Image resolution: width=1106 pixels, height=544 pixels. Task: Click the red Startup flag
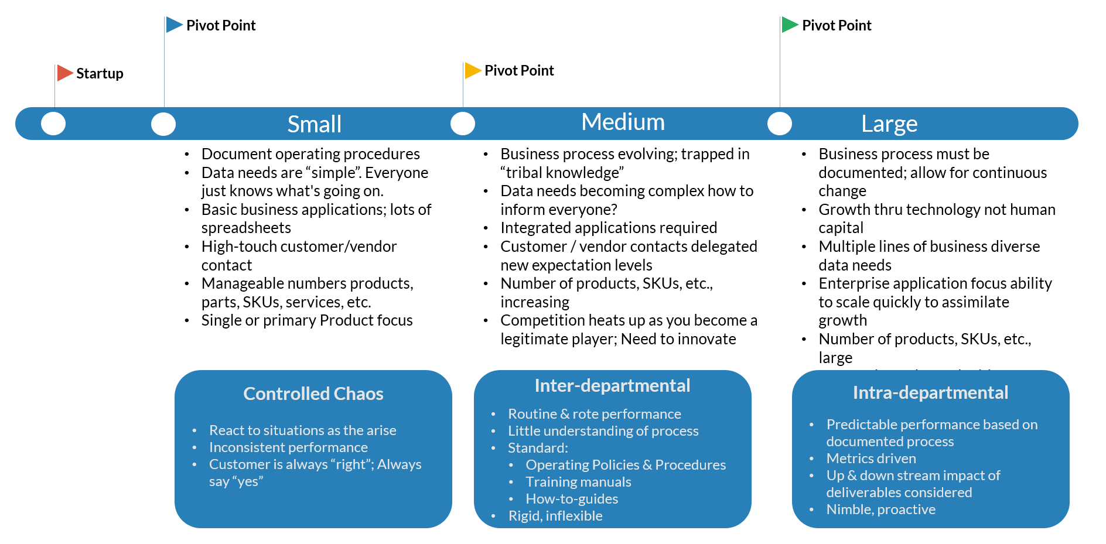pos(64,73)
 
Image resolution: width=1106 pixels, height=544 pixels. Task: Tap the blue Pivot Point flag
pos(174,25)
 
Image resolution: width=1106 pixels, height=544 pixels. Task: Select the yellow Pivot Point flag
pos(472,70)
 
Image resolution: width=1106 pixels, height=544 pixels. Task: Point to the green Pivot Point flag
pos(790,25)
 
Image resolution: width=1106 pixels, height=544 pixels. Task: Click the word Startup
pos(100,74)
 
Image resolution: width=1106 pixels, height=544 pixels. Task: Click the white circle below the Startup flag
pos(53,124)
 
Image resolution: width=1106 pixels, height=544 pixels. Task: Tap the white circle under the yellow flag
pos(463,124)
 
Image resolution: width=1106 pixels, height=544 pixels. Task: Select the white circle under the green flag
pos(780,124)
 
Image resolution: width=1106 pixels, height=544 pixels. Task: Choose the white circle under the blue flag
pos(163,124)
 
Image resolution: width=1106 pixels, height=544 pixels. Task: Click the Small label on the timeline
pos(314,124)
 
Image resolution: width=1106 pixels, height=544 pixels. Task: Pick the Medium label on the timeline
pos(623,122)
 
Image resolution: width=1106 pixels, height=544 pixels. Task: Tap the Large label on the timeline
pos(889,124)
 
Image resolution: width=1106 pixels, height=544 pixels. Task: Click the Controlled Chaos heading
pos(313,394)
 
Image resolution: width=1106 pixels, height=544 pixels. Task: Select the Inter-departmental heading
pos(612,385)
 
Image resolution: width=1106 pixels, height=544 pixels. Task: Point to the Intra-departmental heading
pos(930,392)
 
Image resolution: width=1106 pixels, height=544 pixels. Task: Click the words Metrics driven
pos(871,459)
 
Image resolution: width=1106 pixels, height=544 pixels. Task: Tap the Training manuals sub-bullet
pos(578,482)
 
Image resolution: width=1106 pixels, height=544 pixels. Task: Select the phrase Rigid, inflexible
pos(555,516)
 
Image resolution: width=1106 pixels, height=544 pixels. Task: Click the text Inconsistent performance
pos(288,447)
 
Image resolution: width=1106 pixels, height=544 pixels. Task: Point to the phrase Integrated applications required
pos(609,228)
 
